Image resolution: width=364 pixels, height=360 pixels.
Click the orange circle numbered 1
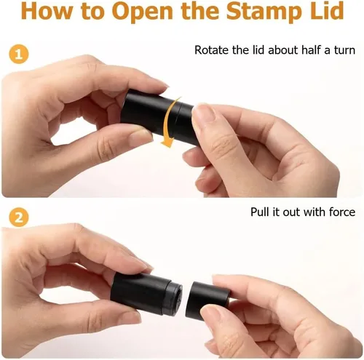19,54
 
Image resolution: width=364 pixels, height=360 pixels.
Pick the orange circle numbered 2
19,217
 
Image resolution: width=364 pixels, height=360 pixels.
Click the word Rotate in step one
212,50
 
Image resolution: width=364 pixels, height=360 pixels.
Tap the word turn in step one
344,50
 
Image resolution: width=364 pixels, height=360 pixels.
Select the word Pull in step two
260,212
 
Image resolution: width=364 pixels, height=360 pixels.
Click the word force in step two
342,212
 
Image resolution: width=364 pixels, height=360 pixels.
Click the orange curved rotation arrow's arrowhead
167,142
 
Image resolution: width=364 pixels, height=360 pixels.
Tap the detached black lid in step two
207,300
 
